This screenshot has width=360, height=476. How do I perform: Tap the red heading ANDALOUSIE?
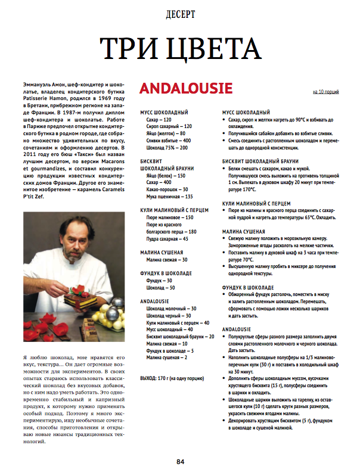[185, 89]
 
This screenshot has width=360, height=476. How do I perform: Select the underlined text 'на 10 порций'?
[325, 92]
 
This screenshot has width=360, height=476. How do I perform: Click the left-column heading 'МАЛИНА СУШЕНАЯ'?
[162, 253]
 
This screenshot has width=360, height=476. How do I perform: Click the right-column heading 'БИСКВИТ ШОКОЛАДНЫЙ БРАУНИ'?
[260, 161]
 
